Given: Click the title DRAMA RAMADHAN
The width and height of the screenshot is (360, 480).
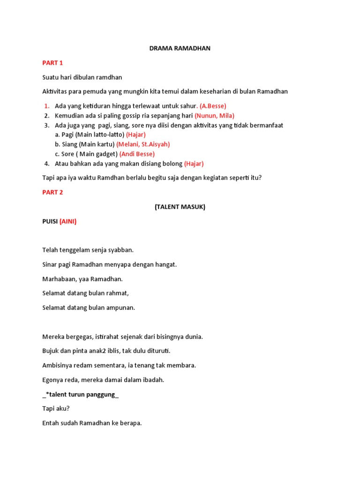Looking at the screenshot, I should coord(180,48).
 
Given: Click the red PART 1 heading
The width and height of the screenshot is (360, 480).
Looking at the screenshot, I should coord(52,63).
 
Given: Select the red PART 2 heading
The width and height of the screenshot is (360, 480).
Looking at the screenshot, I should coord(52,192).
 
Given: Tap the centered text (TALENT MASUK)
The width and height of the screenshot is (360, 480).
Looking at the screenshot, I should coord(180,207).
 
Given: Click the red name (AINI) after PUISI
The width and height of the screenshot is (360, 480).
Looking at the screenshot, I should coord(68,222).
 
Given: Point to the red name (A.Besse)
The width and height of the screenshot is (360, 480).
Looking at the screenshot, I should coord(213,106).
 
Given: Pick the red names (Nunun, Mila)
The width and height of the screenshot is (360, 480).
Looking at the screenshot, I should coord(215,115).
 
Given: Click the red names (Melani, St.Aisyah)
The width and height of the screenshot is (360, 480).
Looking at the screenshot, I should coord(143,144).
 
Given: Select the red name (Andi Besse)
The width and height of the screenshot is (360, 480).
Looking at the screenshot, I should coord(137,154).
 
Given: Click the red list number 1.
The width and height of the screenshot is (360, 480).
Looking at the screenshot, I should coord(46,106).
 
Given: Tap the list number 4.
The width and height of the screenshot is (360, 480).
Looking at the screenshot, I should coord(47,164).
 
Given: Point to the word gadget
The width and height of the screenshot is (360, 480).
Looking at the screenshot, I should coord(107,154).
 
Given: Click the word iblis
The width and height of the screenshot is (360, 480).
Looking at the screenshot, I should coord(110,351).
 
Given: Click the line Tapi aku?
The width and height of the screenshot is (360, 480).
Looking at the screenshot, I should coord(56,409).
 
